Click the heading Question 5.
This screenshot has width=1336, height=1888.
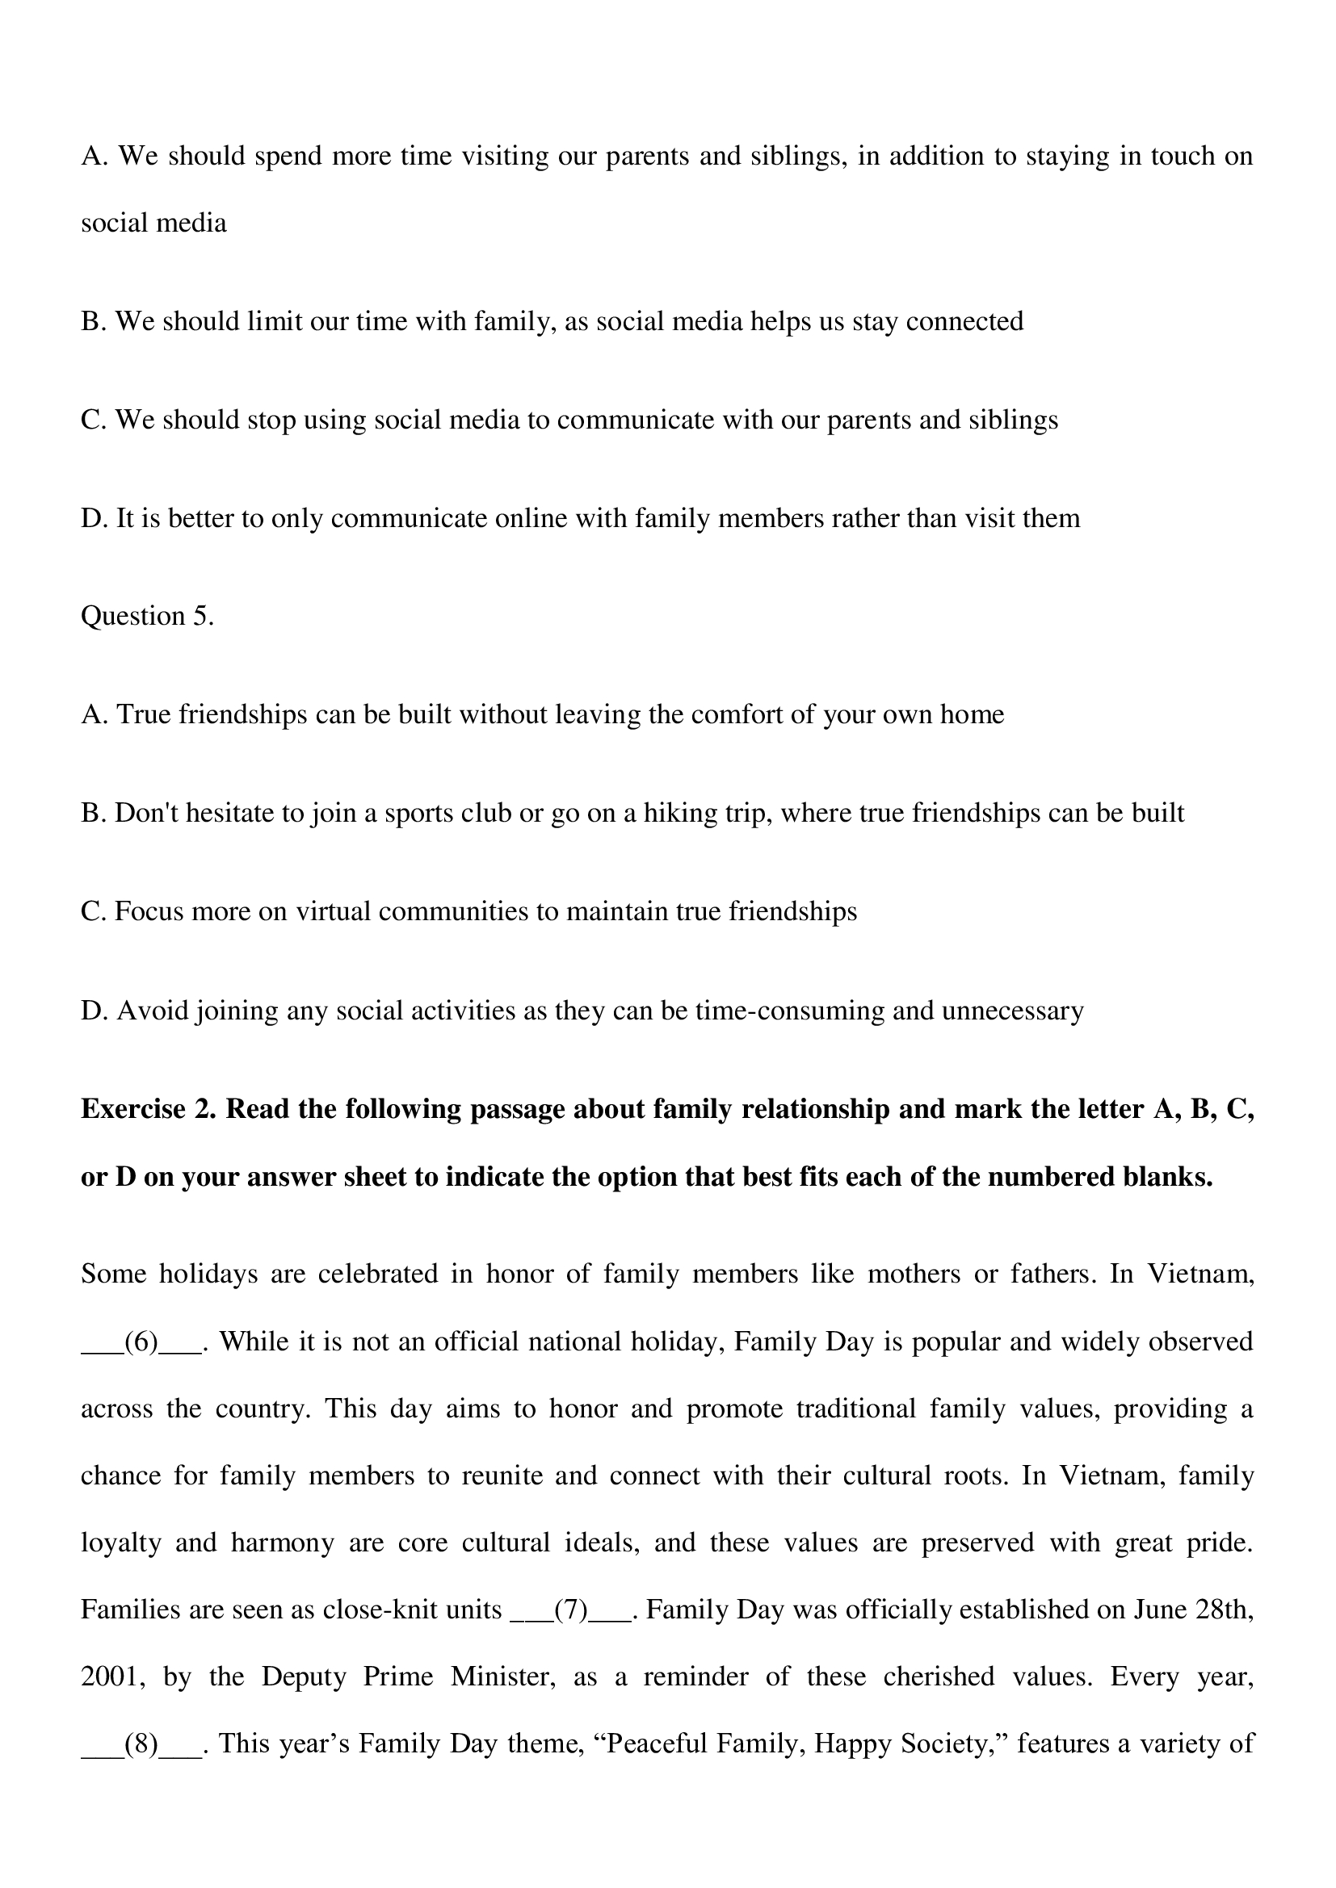point(147,617)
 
